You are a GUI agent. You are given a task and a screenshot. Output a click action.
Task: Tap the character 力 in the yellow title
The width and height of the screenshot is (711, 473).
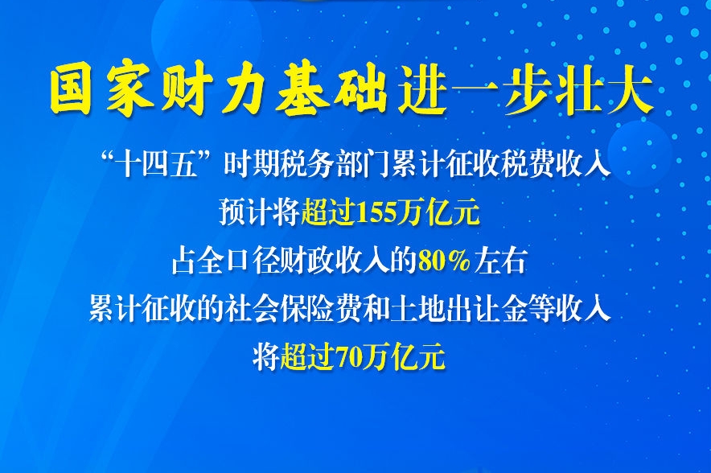(x=245, y=92)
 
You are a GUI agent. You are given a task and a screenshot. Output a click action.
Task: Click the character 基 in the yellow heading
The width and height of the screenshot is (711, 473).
(x=302, y=92)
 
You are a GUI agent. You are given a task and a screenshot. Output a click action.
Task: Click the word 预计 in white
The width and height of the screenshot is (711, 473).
(x=245, y=212)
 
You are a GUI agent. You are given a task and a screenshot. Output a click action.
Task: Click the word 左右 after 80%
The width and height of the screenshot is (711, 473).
(x=499, y=261)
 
